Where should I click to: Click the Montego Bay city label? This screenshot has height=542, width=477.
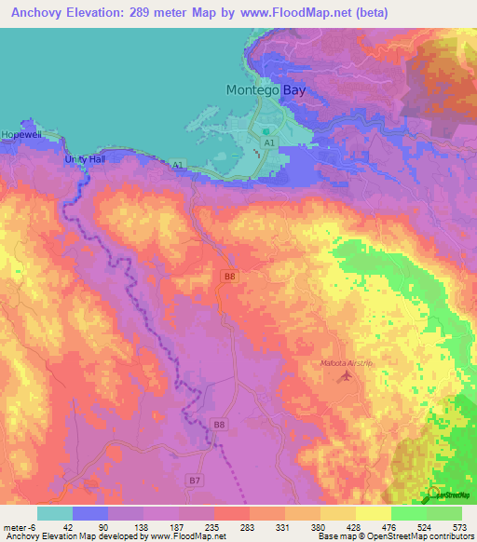point(265,90)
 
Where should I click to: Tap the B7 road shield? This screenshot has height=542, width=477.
point(194,480)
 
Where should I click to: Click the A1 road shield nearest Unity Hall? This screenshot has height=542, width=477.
point(177,165)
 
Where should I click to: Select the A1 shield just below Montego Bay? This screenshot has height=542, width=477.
point(269,144)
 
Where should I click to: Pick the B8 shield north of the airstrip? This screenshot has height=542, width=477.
point(229,276)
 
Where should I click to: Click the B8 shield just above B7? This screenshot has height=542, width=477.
point(219,425)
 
